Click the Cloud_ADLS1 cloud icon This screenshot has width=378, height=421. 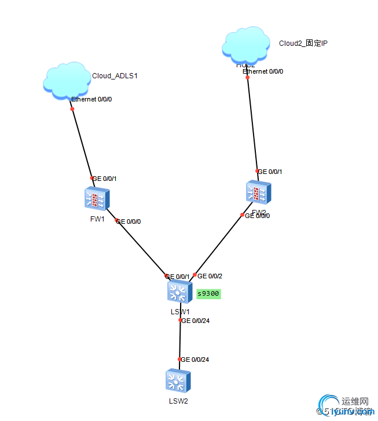[66, 82]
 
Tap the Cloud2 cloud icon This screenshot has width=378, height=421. [246, 44]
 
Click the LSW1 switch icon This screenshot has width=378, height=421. [179, 291]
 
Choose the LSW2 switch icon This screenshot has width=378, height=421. [178, 381]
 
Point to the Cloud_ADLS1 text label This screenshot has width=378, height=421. [115, 75]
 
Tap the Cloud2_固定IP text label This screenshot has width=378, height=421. [303, 43]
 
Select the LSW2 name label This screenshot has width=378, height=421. [178, 401]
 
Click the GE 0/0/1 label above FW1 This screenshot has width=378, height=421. [105, 179]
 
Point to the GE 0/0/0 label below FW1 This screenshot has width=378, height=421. [129, 222]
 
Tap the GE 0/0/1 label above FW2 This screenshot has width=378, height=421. [270, 172]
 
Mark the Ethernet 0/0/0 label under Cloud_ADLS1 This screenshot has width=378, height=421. [91, 99]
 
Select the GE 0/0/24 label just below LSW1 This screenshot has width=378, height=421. [195, 320]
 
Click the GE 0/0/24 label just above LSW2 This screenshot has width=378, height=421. [195, 360]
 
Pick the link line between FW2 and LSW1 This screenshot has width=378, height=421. [219, 244]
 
